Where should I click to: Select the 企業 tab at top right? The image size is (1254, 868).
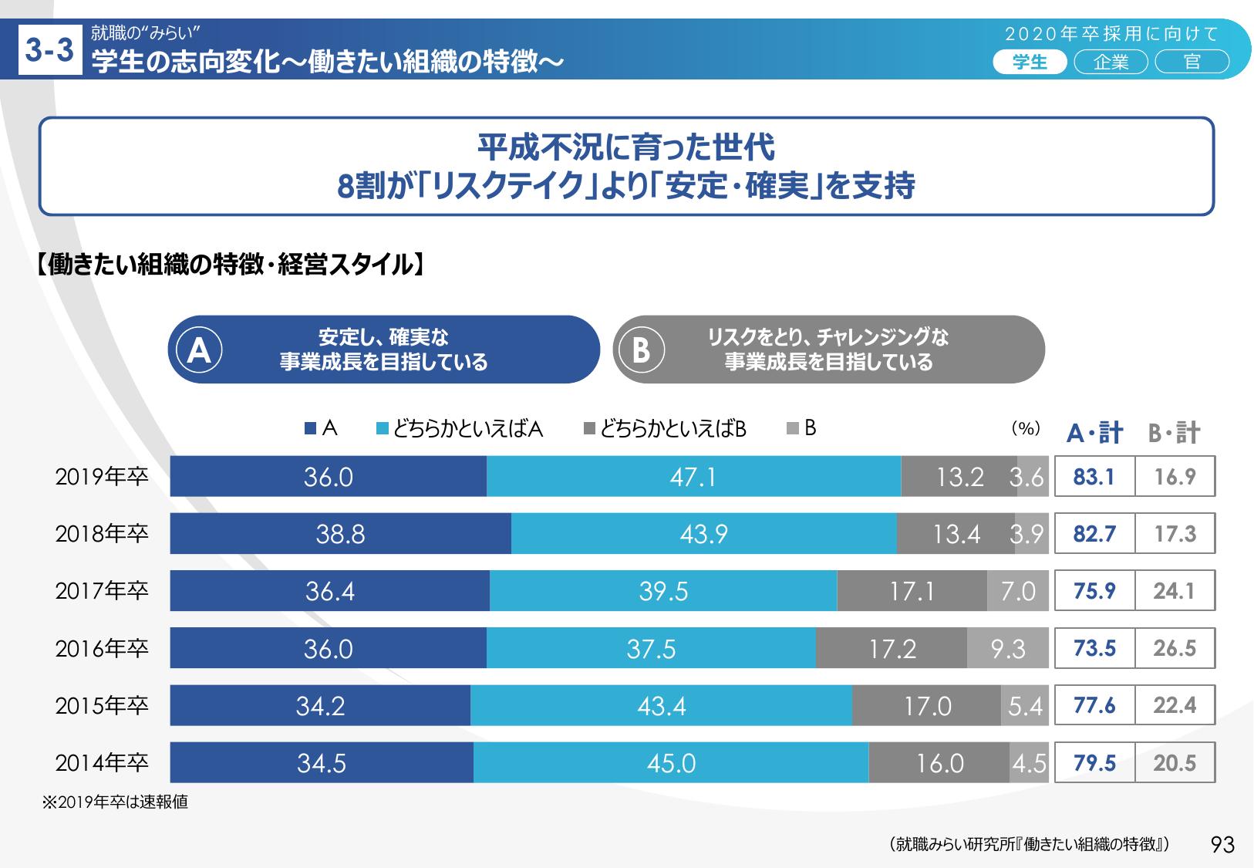tap(1111, 62)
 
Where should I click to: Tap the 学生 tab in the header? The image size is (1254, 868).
tap(1029, 62)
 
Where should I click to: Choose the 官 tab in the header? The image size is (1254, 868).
tap(1192, 62)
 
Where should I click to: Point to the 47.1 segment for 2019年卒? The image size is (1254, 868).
tap(693, 477)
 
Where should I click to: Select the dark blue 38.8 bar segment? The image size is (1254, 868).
tap(340, 534)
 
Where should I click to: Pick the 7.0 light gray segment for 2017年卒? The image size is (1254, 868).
tap(1017, 591)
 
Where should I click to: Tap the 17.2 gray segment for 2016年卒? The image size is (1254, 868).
tap(892, 648)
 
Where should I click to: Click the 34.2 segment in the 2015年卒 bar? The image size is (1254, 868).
tap(320, 705)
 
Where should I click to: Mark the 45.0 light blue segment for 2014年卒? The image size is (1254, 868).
tap(671, 763)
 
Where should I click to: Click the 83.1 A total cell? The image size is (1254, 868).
tap(1094, 477)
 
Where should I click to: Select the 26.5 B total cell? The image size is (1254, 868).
tap(1175, 648)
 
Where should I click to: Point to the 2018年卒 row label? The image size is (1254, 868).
tap(101, 534)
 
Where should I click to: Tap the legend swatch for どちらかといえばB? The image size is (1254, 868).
tap(589, 429)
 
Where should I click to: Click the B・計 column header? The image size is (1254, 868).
tap(1174, 433)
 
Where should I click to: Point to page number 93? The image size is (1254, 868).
tap(1223, 845)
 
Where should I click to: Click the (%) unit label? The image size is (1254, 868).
tap(1026, 429)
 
